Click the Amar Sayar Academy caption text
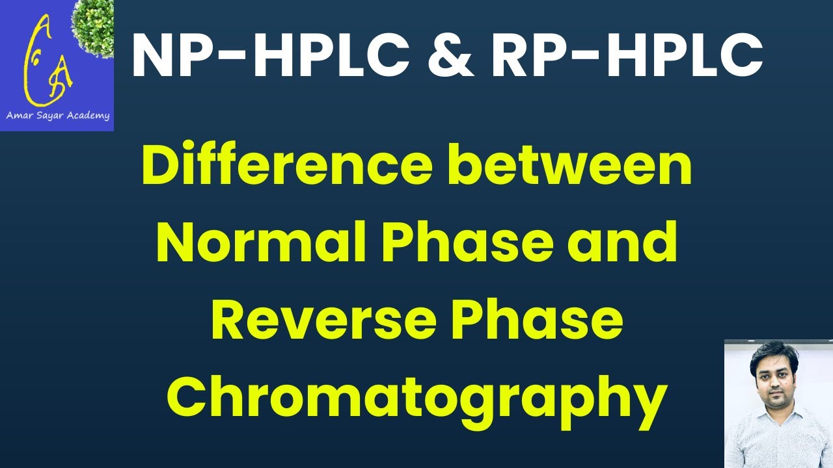tap(57, 116)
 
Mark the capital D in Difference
tap(159, 166)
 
